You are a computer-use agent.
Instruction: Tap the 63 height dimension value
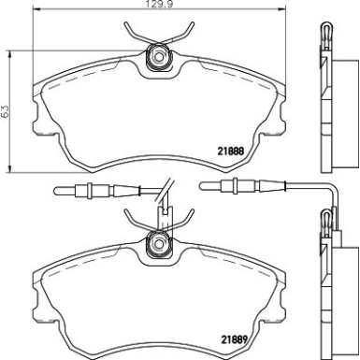click(x=7, y=110)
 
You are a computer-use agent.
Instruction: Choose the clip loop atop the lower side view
click(x=326, y=221)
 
